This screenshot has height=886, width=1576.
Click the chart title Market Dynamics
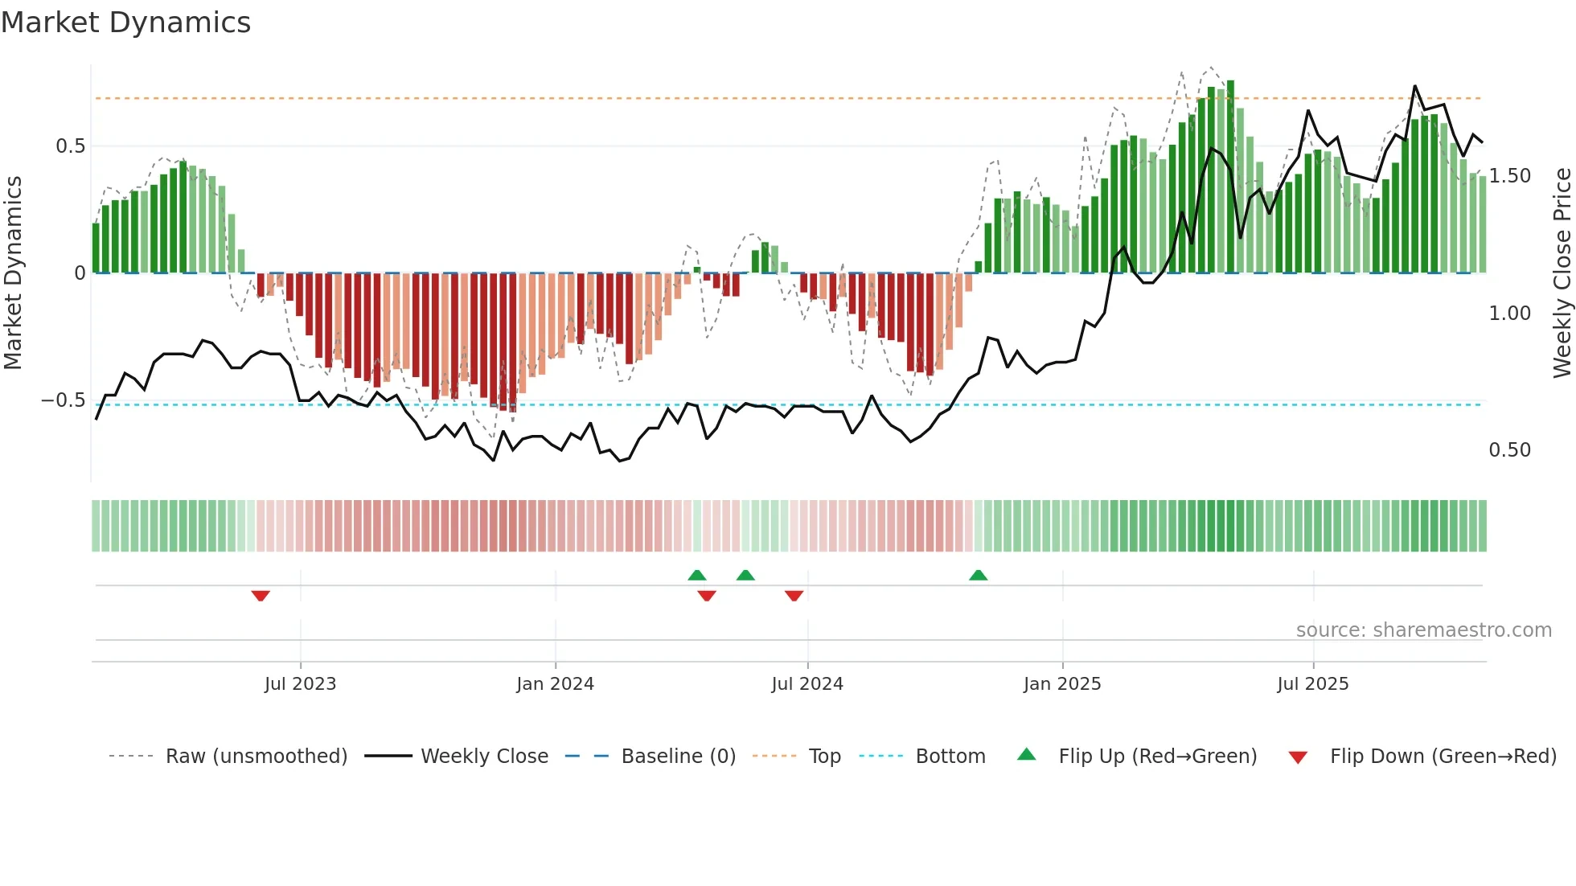(126, 23)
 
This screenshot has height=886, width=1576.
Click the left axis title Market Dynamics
(13, 273)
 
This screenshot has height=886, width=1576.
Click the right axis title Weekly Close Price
(1562, 273)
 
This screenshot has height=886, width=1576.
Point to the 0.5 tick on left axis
(70, 146)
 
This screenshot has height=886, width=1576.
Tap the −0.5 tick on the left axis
(64, 400)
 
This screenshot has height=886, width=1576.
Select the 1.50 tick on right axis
(1509, 176)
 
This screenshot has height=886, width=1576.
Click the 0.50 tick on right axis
(1509, 450)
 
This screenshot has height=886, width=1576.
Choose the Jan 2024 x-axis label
(555, 684)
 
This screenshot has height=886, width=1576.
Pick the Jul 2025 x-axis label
(1312, 684)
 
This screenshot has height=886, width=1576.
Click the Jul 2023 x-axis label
(300, 684)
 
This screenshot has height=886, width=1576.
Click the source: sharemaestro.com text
(1423, 630)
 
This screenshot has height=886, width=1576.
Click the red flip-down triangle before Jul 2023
(261, 596)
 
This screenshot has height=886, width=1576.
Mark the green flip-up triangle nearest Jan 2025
(978, 575)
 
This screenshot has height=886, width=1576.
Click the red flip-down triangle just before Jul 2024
(794, 596)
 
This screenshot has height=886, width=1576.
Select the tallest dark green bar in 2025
(1230, 177)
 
